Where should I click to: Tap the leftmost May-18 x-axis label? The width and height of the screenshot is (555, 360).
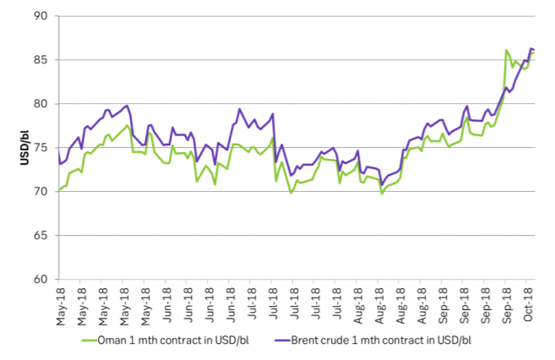(61, 303)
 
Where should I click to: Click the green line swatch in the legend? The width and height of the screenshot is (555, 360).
(90, 341)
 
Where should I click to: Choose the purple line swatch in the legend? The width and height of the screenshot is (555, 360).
(283, 341)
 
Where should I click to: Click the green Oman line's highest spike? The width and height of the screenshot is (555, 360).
(505, 51)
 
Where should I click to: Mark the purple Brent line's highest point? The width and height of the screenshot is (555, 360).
(531, 48)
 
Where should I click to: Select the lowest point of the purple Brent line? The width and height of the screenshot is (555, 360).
(382, 185)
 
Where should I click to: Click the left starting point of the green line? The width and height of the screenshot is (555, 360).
(59, 189)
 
